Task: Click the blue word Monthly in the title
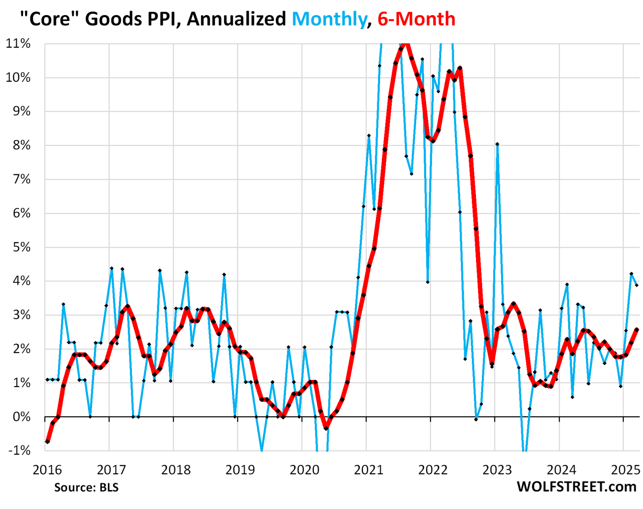click(x=329, y=19)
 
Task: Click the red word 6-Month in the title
click(x=416, y=19)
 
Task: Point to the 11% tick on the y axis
click(x=18, y=43)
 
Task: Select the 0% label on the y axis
click(x=21, y=417)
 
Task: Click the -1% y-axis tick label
click(x=19, y=450)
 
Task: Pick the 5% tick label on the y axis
click(x=21, y=247)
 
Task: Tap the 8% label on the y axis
click(x=21, y=145)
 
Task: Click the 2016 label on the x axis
click(x=47, y=470)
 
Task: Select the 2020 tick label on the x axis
click(x=304, y=470)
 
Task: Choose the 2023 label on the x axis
click(x=497, y=470)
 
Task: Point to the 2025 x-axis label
click(x=625, y=470)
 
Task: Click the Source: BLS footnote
click(x=86, y=488)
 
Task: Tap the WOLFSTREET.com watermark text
click(x=576, y=487)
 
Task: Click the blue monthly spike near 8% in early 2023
click(x=497, y=144)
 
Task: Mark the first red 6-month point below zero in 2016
click(x=47, y=441)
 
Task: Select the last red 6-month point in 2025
click(x=637, y=330)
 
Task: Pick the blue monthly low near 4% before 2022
click(x=427, y=282)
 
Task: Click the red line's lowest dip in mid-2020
click(x=326, y=428)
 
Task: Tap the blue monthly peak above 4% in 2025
click(x=631, y=274)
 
